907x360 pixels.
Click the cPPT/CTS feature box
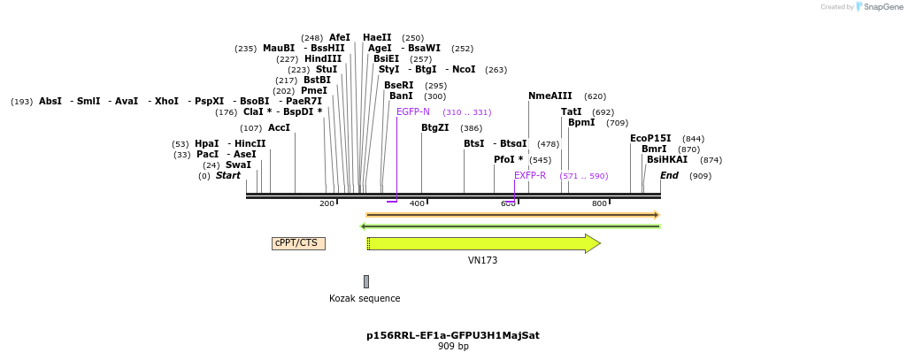298,243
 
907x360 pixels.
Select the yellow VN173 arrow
483,243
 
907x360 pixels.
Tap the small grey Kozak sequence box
366,281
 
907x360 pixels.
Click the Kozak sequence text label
365,299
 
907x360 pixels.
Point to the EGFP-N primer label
413,112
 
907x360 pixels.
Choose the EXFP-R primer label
530,176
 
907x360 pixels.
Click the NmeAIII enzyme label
550,96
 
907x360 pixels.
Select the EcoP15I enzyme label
650,139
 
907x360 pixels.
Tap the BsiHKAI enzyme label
667,160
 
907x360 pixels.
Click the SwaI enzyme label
238,165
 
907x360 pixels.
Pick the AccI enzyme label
279,128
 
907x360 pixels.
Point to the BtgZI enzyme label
435,128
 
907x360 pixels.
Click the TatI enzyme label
572,112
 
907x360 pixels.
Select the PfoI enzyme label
508,160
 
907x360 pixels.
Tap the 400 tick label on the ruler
417,204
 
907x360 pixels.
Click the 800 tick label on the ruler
599,204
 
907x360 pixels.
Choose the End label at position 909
669,176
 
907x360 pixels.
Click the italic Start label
228,176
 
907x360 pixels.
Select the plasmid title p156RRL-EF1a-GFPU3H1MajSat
453,336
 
